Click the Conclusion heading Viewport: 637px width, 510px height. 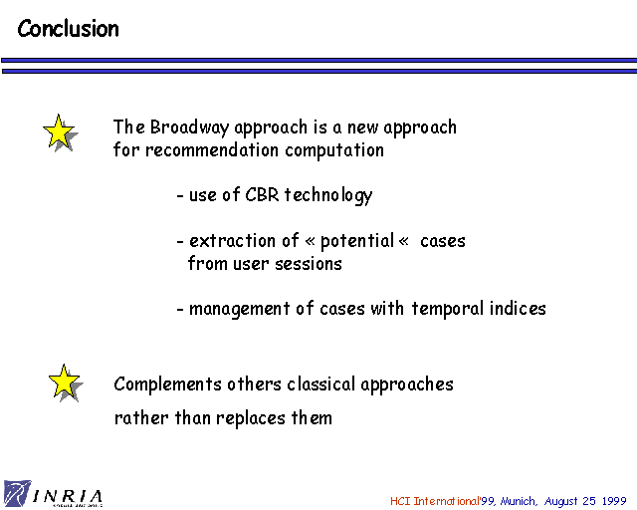[x=69, y=29]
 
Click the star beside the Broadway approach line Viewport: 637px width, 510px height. [x=60, y=132]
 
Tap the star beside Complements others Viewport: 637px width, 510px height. [x=66, y=382]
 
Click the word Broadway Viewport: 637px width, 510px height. [x=189, y=127]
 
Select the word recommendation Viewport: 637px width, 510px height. [x=212, y=150]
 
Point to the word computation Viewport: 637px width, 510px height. [x=334, y=150]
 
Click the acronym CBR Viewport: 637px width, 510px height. [x=262, y=194]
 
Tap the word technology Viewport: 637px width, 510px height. [x=327, y=195]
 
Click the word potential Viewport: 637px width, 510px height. [x=357, y=241]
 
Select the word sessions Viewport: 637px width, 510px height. [x=309, y=264]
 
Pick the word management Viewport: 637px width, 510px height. [x=239, y=309]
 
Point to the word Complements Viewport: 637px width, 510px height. [x=167, y=384]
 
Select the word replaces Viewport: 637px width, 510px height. [x=251, y=418]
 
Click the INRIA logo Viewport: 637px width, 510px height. [x=53, y=494]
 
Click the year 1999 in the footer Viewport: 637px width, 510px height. [x=614, y=501]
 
